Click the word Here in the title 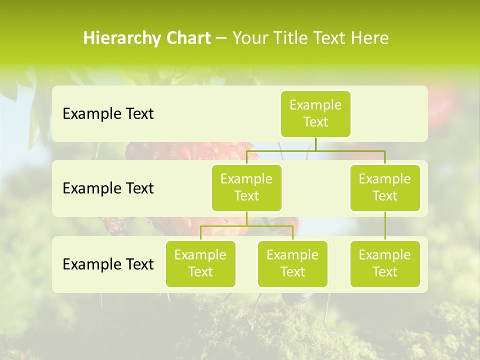pyautogui.click(x=369, y=38)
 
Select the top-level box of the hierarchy pyautogui.click(x=315, y=113)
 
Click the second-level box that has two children pyautogui.click(x=246, y=187)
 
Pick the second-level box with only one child pyautogui.click(x=385, y=187)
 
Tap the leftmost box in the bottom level pyautogui.click(x=200, y=263)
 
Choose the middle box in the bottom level pyautogui.click(x=292, y=263)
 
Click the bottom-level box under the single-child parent pyautogui.click(x=385, y=263)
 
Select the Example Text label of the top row pyautogui.click(x=108, y=114)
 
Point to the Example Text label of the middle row pyautogui.click(x=108, y=188)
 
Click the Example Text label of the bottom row pyautogui.click(x=108, y=264)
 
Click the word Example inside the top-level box pyautogui.click(x=315, y=105)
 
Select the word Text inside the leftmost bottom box pyautogui.click(x=200, y=272)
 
